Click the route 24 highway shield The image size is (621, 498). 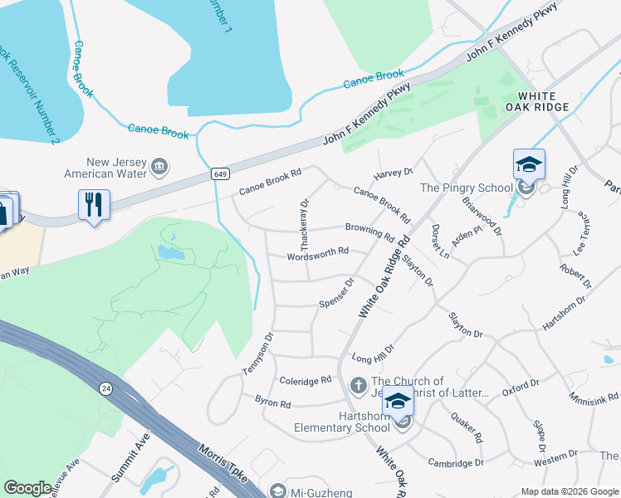point(106,388)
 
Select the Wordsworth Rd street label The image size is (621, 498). point(316,251)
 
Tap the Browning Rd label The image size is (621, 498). point(369,231)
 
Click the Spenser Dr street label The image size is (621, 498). point(337,293)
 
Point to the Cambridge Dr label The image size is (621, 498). point(456,462)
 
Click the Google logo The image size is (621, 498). point(27,488)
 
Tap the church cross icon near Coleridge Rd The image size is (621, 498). point(358,385)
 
